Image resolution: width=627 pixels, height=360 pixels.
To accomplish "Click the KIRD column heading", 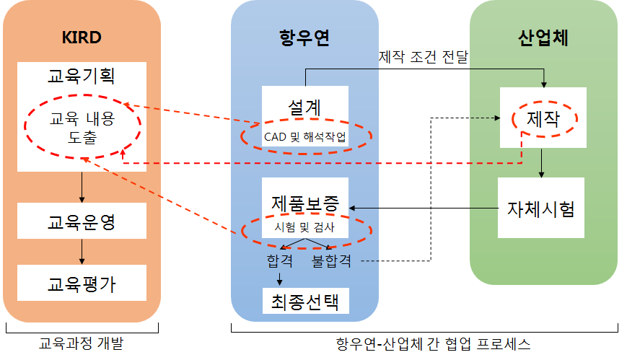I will pyautogui.click(x=82, y=38).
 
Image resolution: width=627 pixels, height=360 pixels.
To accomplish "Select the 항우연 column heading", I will pyautogui.click(x=304, y=38).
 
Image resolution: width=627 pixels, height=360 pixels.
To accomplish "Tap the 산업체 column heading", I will pyautogui.click(x=543, y=38).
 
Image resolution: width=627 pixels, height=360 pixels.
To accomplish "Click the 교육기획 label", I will pyautogui.click(x=82, y=75).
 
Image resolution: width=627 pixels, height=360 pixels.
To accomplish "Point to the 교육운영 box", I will pyautogui.click(x=82, y=221).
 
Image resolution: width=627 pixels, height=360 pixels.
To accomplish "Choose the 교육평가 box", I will pyautogui.click(x=82, y=283).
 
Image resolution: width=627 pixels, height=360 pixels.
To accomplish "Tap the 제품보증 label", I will pyautogui.click(x=304, y=203).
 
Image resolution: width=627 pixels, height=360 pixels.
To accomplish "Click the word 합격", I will pyautogui.click(x=280, y=260).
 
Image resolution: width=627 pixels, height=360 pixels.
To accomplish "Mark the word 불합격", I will pyautogui.click(x=331, y=260).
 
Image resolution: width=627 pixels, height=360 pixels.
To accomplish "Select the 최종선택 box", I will pyautogui.click(x=304, y=299).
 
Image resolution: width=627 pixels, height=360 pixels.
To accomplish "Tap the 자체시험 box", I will pyautogui.click(x=541, y=209).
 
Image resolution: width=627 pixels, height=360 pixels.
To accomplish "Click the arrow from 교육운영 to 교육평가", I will pyautogui.click(x=82, y=251).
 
